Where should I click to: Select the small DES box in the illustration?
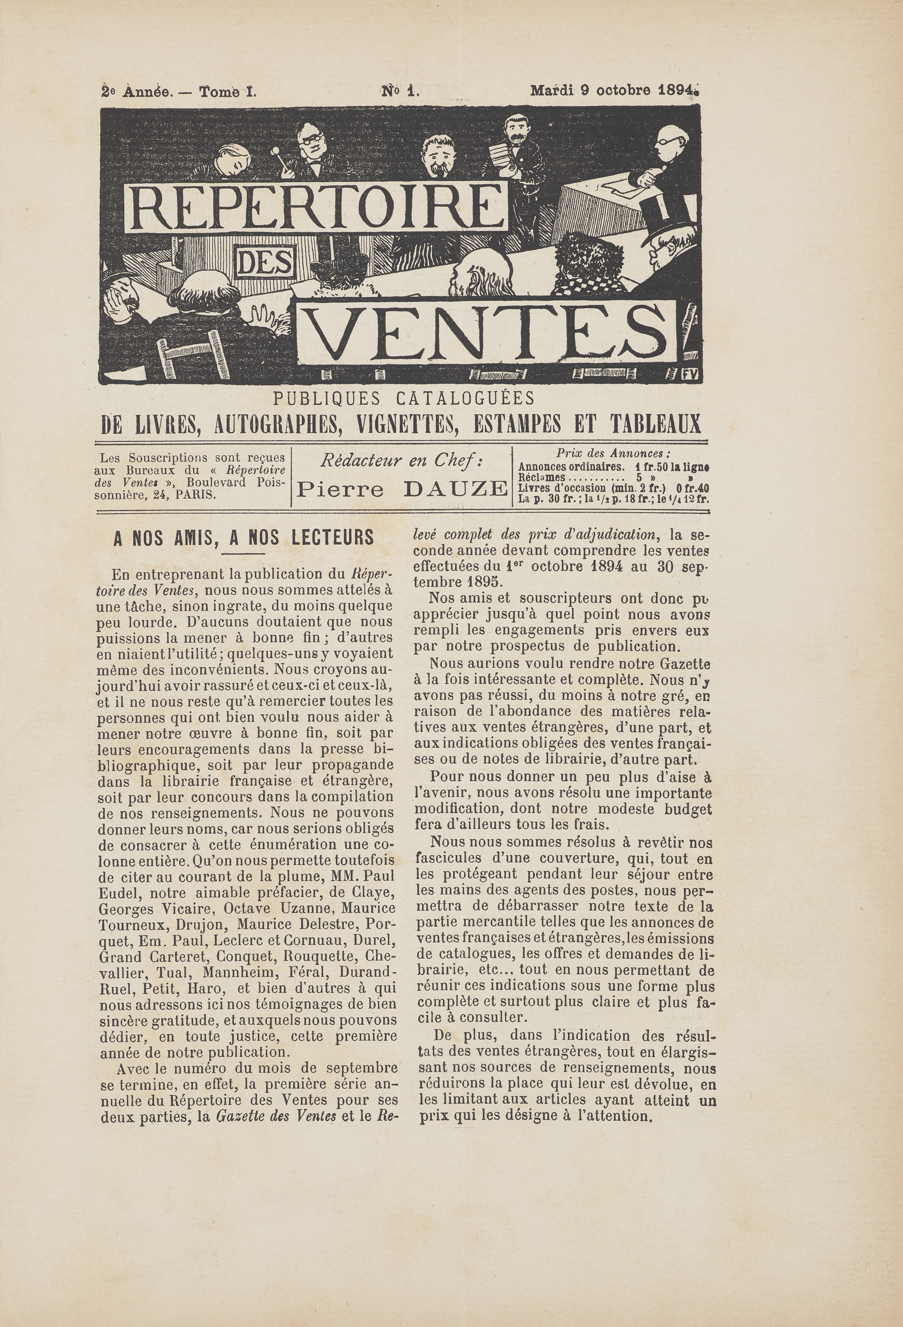264,263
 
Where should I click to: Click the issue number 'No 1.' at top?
400,90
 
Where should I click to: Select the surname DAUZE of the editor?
455,489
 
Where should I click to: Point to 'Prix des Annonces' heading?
613,454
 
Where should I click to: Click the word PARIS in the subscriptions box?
196,495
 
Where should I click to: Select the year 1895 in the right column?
483,583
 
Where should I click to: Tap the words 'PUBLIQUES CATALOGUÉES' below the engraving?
404,398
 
